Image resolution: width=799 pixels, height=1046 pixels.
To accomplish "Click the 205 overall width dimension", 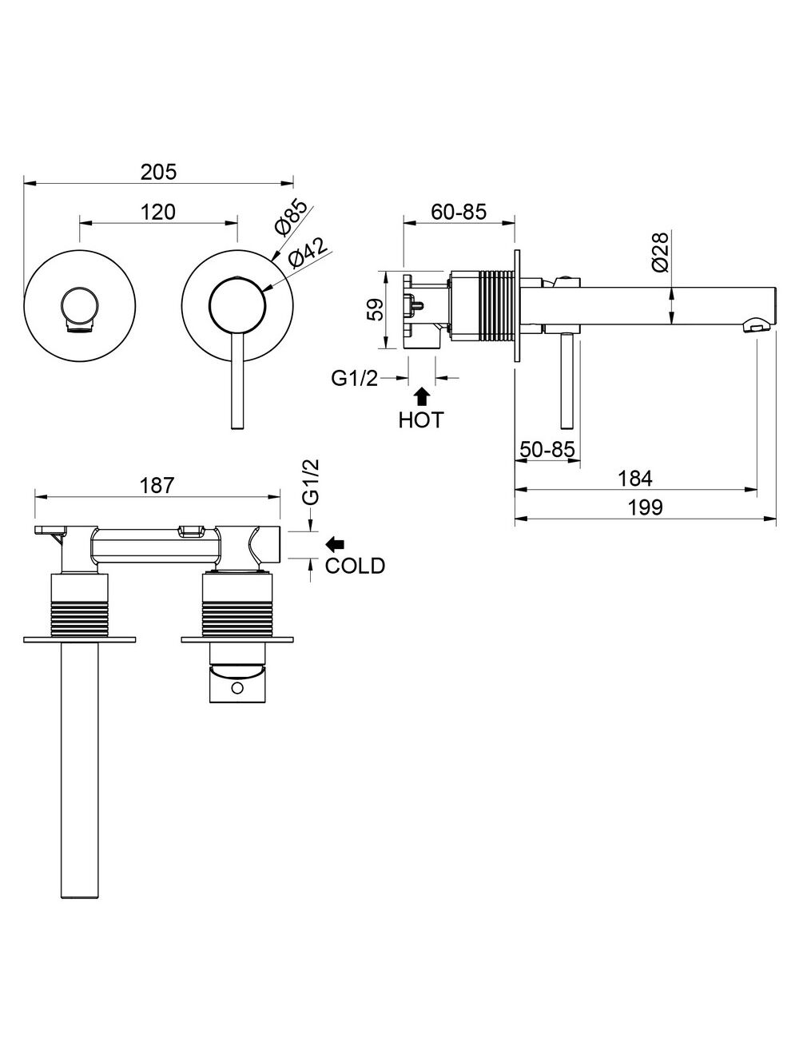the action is pyautogui.click(x=158, y=172).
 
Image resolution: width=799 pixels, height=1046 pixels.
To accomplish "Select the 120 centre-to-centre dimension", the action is pyautogui.click(x=158, y=212).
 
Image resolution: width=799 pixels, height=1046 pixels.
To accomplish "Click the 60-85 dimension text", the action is pyautogui.click(x=459, y=212).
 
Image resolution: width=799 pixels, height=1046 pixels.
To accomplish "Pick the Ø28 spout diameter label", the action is pyautogui.click(x=661, y=252).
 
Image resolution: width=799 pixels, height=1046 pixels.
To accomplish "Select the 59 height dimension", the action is pyautogui.click(x=377, y=309).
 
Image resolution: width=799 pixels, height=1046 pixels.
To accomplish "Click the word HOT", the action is pyautogui.click(x=421, y=420).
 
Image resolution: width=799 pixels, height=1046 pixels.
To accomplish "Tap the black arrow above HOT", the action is pyautogui.click(x=421, y=397).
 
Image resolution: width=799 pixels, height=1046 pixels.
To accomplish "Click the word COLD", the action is pyautogui.click(x=355, y=566).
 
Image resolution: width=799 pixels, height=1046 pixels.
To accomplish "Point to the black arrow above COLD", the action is pyautogui.click(x=336, y=543).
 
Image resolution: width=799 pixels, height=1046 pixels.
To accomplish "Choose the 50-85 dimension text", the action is pyautogui.click(x=547, y=449).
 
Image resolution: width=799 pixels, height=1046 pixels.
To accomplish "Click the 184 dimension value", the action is pyautogui.click(x=635, y=478).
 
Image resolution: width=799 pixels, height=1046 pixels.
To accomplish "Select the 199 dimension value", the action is pyautogui.click(x=645, y=507).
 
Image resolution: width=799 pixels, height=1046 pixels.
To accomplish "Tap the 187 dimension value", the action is pyautogui.click(x=157, y=486).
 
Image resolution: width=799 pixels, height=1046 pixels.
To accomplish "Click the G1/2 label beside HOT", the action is pyautogui.click(x=355, y=379).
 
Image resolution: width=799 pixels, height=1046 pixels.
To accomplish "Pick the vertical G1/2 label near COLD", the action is pyautogui.click(x=311, y=482).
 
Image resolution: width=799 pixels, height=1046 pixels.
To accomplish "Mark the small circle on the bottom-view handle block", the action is pyautogui.click(x=237, y=688).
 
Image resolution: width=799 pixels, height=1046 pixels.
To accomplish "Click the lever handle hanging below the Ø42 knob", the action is pyautogui.click(x=237, y=380).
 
